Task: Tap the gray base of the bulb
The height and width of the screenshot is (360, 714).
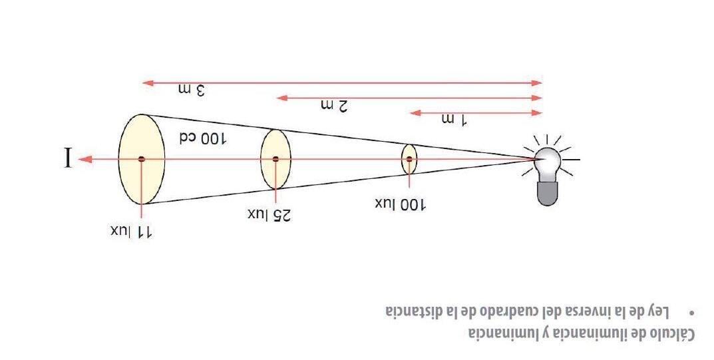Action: pyautogui.click(x=548, y=192)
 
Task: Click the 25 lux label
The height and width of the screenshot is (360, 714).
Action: pyautogui.click(x=271, y=215)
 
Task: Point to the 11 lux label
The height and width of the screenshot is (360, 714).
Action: pyautogui.click(x=132, y=232)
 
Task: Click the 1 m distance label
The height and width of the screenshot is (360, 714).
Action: pyautogui.click(x=454, y=120)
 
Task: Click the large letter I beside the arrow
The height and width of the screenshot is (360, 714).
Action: pyautogui.click(x=67, y=159)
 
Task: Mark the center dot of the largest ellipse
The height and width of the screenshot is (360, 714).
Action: pyautogui.click(x=141, y=159)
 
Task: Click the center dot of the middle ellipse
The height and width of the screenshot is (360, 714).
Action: pyautogui.click(x=275, y=159)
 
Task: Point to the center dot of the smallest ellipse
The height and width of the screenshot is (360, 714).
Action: pyautogui.click(x=409, y=159)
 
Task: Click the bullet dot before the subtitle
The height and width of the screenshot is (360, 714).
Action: pyautogui.click(x=693, y=311)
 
